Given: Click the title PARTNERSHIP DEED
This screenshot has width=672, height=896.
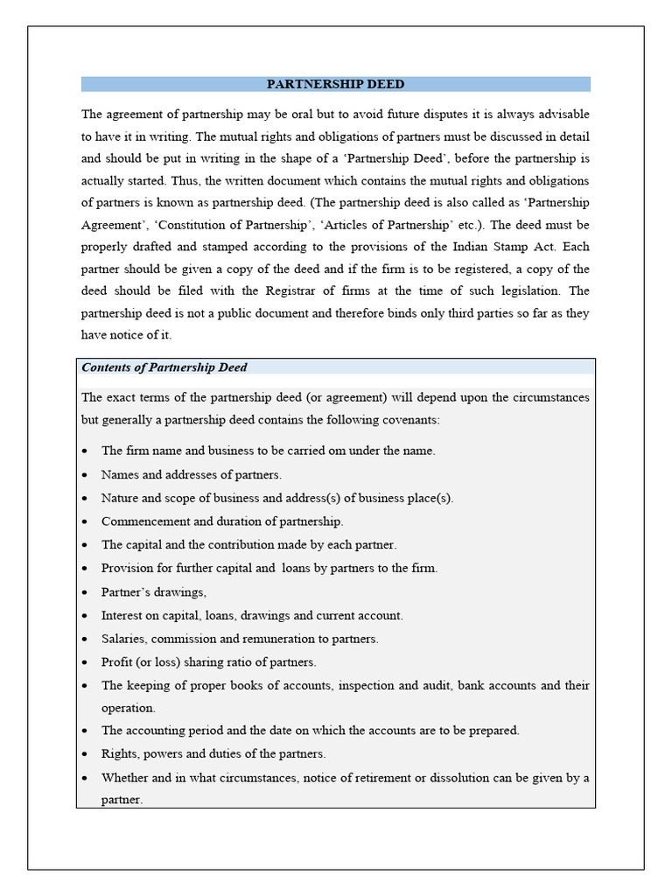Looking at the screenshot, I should coord(335,85).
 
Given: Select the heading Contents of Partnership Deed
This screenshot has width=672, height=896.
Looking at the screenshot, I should coord(164,367).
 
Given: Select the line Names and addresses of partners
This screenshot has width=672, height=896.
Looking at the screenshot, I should coord(192,474).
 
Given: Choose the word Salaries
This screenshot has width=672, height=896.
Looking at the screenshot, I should coord(122,639).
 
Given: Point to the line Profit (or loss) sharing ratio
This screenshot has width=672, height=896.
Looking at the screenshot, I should coord(208,662).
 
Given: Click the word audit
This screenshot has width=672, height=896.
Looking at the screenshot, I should coord(430,686).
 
